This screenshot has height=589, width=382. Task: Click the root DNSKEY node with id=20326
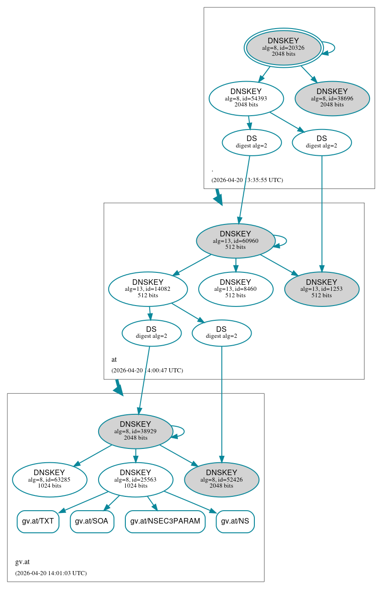tap(283, 47)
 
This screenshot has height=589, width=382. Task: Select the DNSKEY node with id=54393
tap(246, 98)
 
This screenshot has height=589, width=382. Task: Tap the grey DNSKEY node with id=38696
tap(332, 98)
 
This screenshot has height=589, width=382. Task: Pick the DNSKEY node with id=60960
tap(235, 241)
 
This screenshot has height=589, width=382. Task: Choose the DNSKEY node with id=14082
tap(148, 289)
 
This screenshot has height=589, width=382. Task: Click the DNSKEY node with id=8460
tap(235, 289)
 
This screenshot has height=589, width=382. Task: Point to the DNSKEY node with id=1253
tap(322, 289)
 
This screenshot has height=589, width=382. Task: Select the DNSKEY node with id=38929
tap(135, 431)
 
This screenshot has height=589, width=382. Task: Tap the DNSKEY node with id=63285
tap(49, 480)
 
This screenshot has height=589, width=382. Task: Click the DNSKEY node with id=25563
tap(135, 480)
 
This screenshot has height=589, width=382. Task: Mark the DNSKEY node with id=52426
tap(222, 480)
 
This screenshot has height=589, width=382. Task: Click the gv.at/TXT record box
tap(38, 521)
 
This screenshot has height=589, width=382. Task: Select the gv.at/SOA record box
tap(92, 521)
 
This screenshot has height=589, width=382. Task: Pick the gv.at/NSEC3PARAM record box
tap(165, 521)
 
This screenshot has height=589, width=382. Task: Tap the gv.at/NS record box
tap(235, 521)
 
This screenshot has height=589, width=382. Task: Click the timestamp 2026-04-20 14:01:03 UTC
tap(51, 573)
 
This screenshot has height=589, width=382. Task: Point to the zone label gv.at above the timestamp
tap(22, 562)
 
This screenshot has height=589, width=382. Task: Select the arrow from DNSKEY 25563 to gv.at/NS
tap(190, 502)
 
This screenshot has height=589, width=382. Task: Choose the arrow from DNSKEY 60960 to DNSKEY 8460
tap(236, 265)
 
